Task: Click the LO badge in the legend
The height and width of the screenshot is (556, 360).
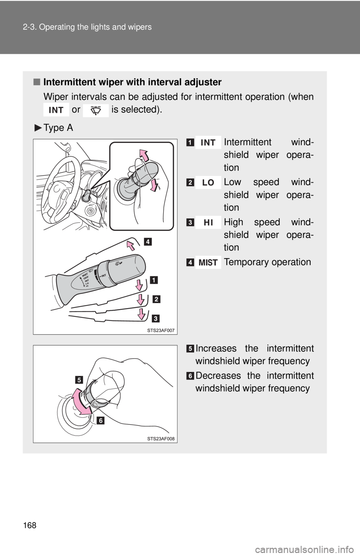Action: (x=208, y=182)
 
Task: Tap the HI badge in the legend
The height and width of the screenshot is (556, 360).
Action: (x=208, y=223)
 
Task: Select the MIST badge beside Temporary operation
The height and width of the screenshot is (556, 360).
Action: (x=208, y=263)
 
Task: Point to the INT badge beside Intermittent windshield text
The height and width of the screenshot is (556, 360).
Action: (x=208, y=143)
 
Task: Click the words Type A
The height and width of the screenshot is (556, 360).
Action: (x=58, y=128)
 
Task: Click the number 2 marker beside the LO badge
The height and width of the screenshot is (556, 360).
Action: (x=191, y=182)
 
